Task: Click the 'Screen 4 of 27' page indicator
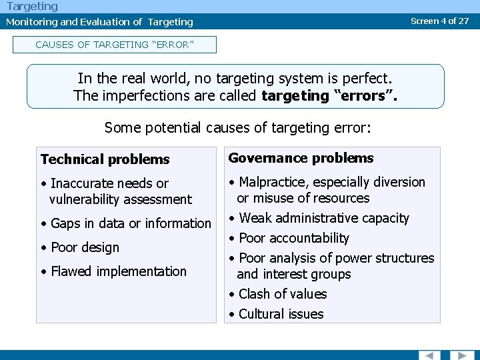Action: point(439,21)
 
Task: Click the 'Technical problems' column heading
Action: point(105,159)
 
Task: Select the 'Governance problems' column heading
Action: point(301,158)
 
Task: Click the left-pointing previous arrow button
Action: point(429,355)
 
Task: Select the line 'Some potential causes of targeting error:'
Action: point(237,127)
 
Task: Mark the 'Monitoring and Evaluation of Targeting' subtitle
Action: point(99,21)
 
